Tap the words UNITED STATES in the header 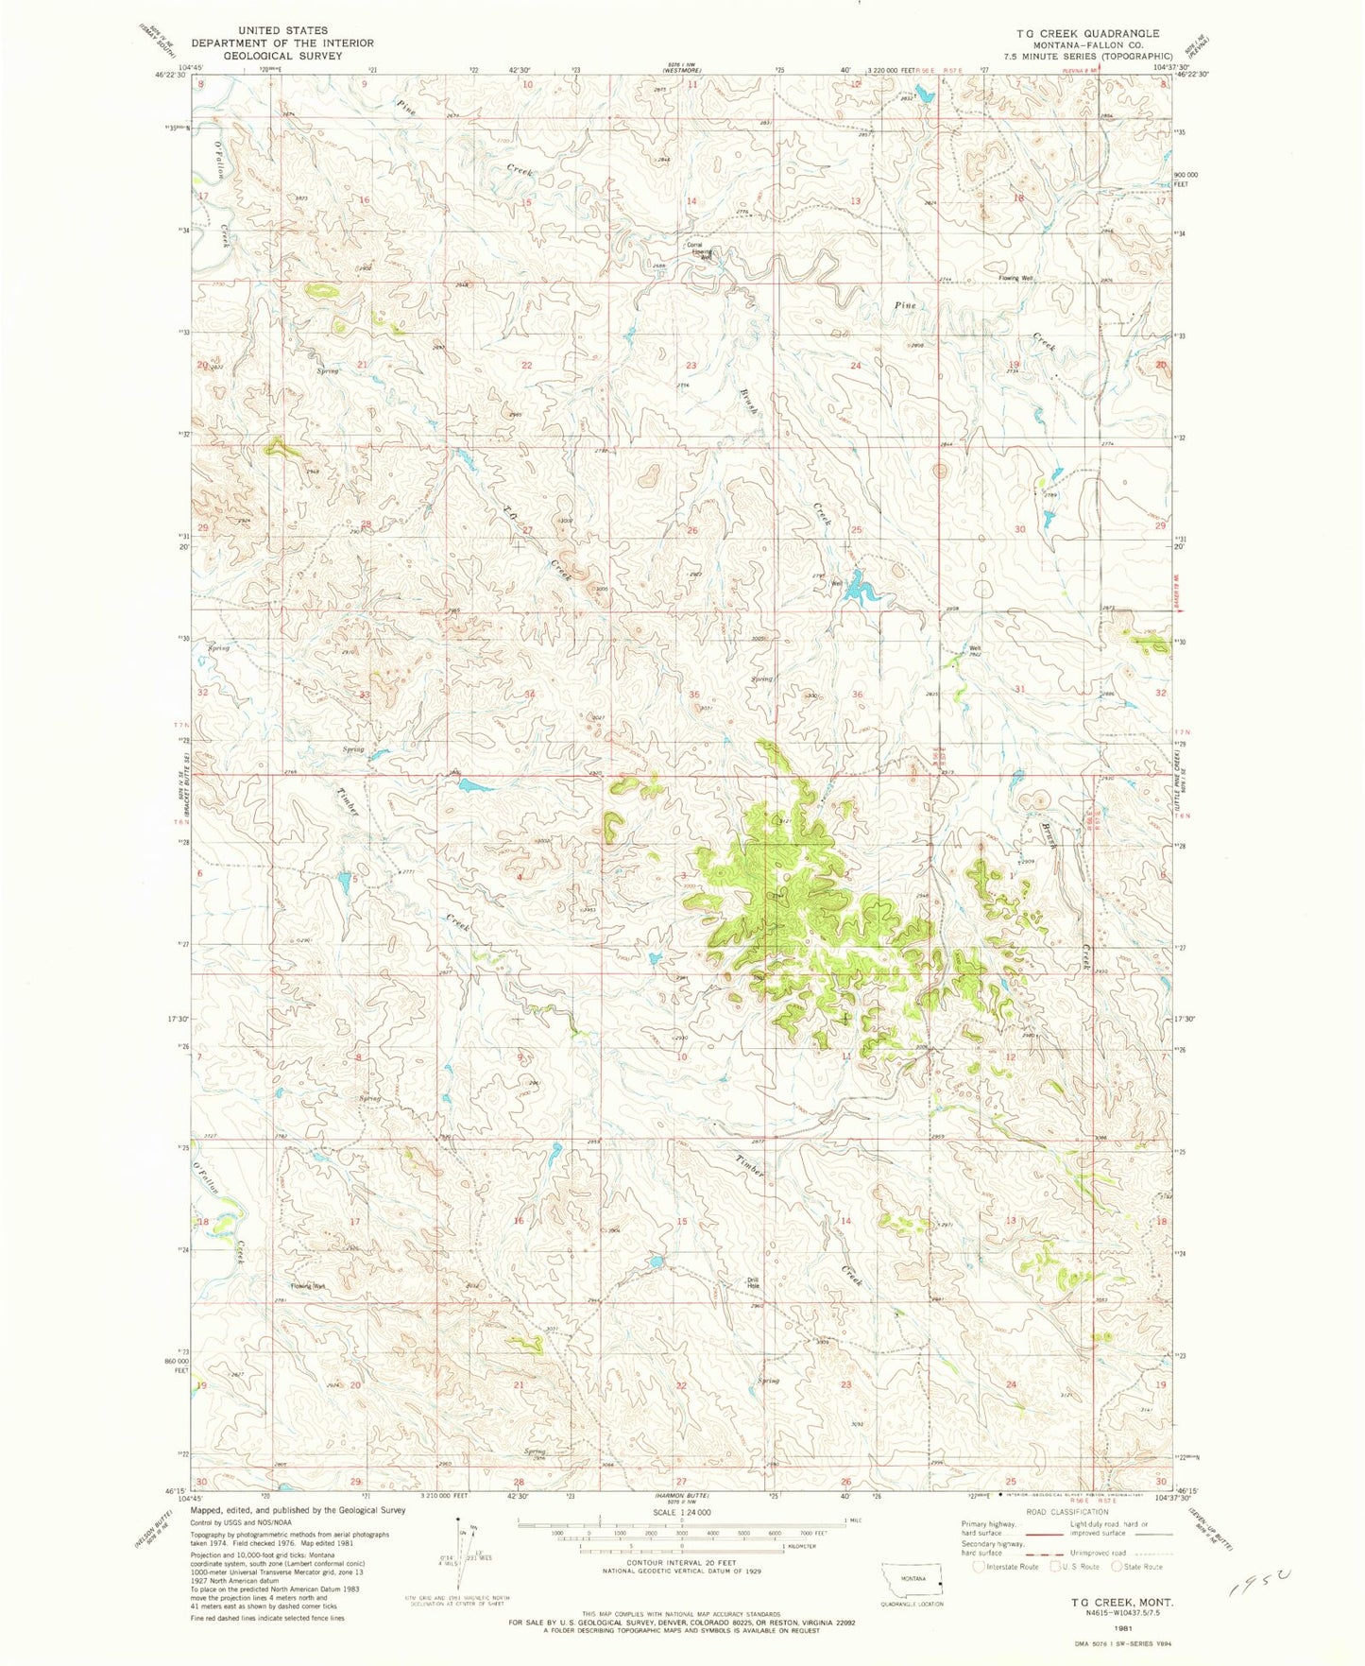click(282, 31)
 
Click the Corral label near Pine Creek click(695, 245)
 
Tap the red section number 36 click(858, 695)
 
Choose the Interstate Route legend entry click(1006, 1567)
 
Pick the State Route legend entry click(1136, 1567)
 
